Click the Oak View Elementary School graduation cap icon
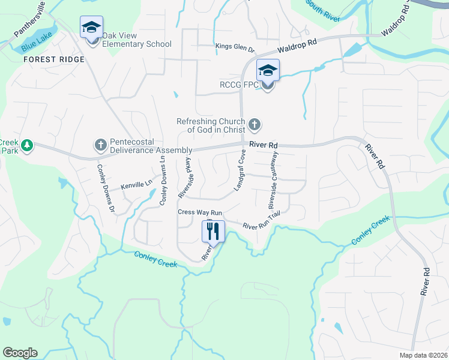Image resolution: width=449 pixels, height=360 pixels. coord(92,28)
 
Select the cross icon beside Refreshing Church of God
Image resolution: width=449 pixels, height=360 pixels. coord(255,125)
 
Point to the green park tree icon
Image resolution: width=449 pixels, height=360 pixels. coord(26,145)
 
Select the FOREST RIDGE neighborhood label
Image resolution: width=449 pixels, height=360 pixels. coord(54,59)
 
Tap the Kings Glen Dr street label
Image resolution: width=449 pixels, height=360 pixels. coord(235,46)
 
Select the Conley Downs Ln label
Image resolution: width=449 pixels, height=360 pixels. coord(162,182)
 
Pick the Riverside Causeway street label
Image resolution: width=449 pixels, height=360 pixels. coord(274,172)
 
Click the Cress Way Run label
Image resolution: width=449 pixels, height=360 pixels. coord(200,212)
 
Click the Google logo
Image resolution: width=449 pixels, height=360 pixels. coord(20,353)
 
